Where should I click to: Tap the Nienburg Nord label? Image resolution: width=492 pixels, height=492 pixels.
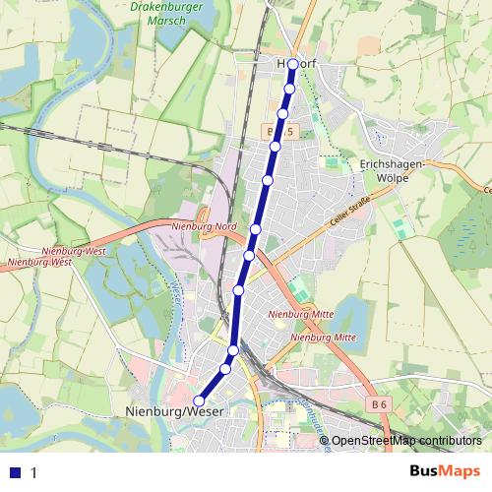tap(206, 227)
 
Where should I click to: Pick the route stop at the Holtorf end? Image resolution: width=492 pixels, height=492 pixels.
tap(292, 64)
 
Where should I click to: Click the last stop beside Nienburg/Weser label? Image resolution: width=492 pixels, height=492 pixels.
tap(198, 400)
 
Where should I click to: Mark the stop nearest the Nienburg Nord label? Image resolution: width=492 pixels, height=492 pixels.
tap(255, 229)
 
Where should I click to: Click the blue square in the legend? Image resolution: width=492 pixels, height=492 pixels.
tap(13, 472)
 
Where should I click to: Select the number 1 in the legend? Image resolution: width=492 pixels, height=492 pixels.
tap(33, 472)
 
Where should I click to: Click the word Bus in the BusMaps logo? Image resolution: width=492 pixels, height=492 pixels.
tap(425, 471)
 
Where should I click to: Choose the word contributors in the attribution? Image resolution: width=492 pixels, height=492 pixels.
tap(453, 441)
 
